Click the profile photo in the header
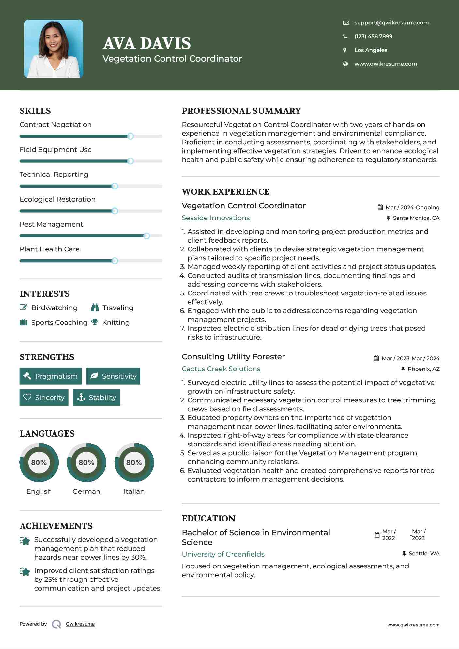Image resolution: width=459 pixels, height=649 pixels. coord(54,49)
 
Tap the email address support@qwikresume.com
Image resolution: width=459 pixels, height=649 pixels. coord(391,23)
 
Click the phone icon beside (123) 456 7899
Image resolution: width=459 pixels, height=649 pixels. coord(345,36)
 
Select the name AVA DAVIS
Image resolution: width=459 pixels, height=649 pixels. coord(147,43)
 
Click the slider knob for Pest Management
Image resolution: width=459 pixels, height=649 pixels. coord(146,236)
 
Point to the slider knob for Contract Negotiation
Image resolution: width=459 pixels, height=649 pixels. coord(130,136)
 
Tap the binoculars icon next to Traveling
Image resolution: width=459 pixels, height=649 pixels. coord(95,308)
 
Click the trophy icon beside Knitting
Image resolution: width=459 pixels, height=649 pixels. coord(95,322)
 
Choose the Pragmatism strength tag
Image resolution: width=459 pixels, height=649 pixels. coord(51,376)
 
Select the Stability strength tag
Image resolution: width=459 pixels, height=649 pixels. coord(97,397)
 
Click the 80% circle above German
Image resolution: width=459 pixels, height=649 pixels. coord(86,462)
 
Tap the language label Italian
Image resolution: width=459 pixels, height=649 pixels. coord(134,491)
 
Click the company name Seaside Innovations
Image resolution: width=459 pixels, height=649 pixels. coord(216,218)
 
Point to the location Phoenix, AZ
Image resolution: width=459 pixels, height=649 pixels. coord(423,369)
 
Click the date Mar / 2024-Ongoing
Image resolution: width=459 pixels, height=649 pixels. coord(412,207)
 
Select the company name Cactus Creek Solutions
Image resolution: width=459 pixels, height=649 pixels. coord(221,369)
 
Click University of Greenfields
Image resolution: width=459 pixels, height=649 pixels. coord(223,554)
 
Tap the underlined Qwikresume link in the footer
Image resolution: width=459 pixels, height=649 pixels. coord(80,624)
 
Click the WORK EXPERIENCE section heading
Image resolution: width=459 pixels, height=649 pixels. coord(225,192)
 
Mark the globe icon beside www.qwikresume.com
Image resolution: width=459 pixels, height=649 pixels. coord(345,64)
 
